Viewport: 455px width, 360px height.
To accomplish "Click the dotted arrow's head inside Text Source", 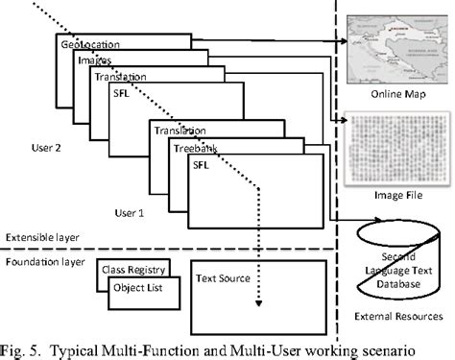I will pos(258,306).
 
